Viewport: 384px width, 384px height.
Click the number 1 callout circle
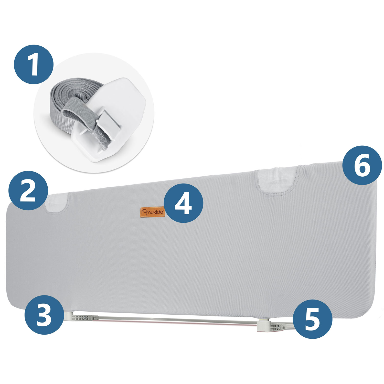[34, 64]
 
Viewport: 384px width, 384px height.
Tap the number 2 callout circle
[28, 190]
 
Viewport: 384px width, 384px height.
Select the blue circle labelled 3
[44, 315]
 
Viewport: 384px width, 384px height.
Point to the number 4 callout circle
[183, 203]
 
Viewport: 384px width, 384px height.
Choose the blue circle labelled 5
[313, 319]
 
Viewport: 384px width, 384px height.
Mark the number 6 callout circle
[362, 165]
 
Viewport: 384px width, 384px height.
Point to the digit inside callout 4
[183, 203]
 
